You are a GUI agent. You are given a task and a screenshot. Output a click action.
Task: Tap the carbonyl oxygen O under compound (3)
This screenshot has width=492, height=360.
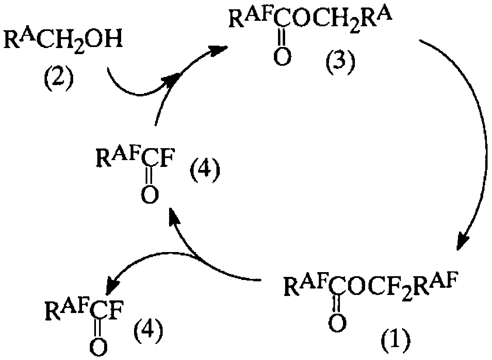[282, 56]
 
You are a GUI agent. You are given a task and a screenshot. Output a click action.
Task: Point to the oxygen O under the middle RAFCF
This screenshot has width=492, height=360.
[150, 194]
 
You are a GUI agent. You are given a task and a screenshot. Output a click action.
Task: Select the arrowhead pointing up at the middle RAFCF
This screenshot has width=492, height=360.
[173, 217]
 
